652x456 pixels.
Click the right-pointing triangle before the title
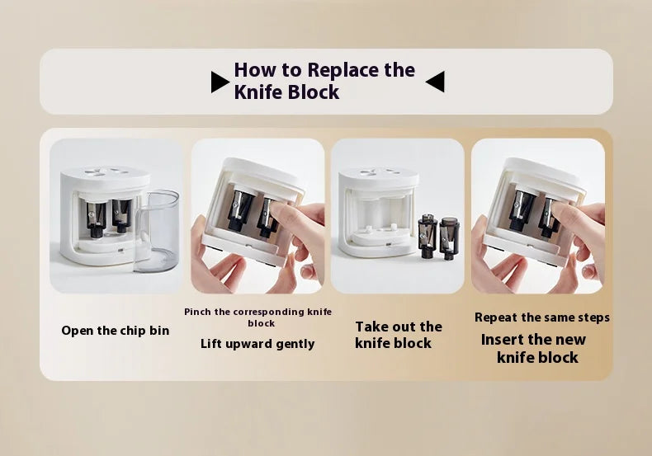pyautogui.click(x=220, y=82)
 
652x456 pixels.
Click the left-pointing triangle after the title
pyautogui.click(x=436, y=82)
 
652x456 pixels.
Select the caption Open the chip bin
pyautogui.click(x=116, y=331)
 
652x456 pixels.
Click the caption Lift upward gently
pyautogui.click(x=257, y=344)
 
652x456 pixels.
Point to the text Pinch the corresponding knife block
pyautogui.click(x=257, y=317)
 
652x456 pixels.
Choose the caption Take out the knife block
pyautogui.click(x=398, y=335)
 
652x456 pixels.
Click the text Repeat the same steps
pyautogui.click(x=541, y=317)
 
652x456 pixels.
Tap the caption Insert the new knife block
pyautogui.click(x=534, y=348)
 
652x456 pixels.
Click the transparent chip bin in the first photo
pyautogui.click(x=157, y=231)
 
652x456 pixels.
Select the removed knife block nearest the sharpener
pyautogui.click(x=428, y=236)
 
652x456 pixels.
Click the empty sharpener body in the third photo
pyautogui.click(x=377, y=211)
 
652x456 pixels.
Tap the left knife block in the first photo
pyautogui.click(x=96, y=219)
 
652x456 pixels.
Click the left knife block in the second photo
pyautogui.click(x=239, y=210)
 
